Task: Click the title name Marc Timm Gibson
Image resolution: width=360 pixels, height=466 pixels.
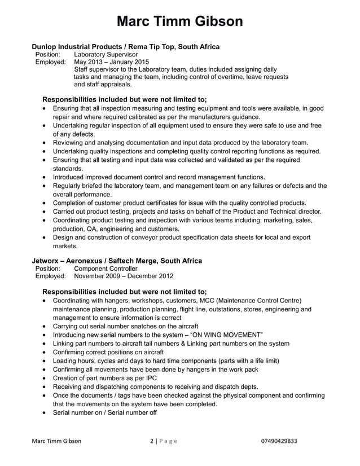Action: (x=180, y=21)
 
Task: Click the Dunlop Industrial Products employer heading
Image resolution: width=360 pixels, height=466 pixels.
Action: (x=125, y=46)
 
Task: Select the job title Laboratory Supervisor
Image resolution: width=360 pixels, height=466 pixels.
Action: (x=106, y=54)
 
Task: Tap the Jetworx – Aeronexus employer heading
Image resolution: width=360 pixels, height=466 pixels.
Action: (x=116, y=261)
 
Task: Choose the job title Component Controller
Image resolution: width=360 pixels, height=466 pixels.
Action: (x=106, y=269)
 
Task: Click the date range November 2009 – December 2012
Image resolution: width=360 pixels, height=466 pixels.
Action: (x=124, y=276)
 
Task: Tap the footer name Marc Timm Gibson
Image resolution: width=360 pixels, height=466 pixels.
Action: (x=56, y=441)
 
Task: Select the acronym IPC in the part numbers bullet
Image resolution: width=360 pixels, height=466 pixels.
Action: (x=150, y=377)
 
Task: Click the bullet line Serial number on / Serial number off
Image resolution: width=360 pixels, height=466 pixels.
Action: (x=104, y=412)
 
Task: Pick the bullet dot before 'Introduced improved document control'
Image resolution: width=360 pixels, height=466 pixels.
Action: (x=45, y=177)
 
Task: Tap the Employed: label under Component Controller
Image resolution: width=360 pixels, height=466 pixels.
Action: (x=51, y=276)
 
